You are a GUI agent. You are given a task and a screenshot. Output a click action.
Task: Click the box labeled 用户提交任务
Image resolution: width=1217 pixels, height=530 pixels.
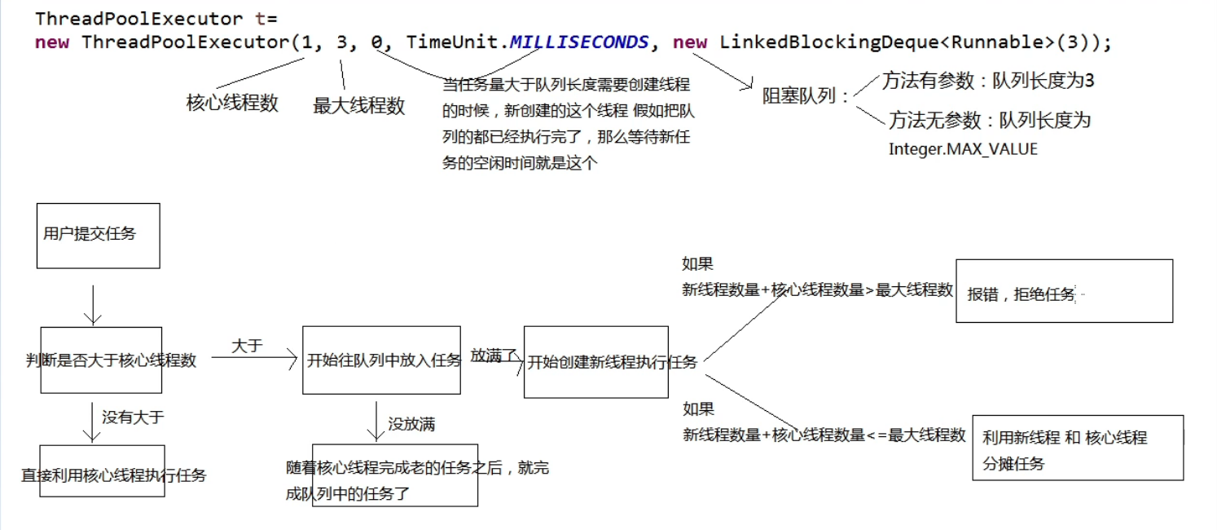point(98,235)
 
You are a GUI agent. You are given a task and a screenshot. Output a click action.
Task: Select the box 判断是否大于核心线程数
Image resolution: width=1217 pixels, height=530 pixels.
point(101,360)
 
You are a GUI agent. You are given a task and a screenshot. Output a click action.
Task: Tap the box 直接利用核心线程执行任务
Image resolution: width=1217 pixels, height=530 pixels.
point(102,471)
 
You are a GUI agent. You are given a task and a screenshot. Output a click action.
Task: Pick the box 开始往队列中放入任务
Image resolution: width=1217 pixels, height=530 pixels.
point(381,360)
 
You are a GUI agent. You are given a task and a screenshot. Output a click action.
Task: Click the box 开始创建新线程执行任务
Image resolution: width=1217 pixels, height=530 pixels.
point(595,362)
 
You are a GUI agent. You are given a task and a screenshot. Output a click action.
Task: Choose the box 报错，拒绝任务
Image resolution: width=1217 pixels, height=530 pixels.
point(1064,291)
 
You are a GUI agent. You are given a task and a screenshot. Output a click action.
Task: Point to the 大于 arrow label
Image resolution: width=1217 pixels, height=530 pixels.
point(247,346)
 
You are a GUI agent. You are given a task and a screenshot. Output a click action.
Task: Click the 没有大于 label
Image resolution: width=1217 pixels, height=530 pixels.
point(133,417)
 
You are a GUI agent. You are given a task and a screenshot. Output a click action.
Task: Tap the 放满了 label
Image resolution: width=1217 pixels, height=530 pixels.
point(494,355)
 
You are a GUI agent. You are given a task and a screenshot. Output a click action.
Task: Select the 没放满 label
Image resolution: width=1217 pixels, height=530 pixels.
point(411,423)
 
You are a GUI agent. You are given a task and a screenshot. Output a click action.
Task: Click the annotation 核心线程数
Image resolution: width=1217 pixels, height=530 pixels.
point(232,103)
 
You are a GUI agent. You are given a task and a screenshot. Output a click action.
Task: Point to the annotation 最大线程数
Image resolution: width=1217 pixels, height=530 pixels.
point(358,105)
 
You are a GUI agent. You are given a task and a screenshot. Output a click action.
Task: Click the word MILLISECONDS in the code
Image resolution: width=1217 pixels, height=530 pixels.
point(579,42)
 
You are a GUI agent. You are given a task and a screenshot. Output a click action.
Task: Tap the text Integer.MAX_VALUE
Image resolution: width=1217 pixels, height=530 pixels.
point(963,149)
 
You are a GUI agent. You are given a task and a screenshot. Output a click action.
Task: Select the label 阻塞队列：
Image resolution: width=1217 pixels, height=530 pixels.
point(806,96)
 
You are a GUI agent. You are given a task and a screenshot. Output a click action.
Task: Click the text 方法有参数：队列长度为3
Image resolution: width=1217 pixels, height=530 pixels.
point(988,81)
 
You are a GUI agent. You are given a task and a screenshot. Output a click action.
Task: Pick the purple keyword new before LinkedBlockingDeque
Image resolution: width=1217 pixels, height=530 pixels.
point(690,42)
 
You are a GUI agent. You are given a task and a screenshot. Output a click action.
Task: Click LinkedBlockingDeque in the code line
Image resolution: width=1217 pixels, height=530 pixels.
point(828,42)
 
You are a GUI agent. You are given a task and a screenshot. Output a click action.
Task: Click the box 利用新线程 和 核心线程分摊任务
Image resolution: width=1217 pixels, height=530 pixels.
point(1077,448)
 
